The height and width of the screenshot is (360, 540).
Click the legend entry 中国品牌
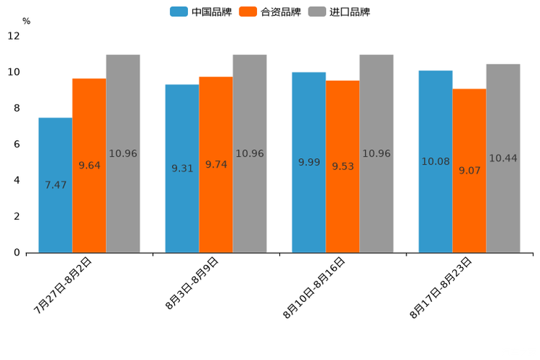[201, 12]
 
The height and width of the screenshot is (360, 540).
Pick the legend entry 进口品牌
[340, 12]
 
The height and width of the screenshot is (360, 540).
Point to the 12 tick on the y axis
[14, 36]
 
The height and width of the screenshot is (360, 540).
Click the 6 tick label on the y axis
[17, 144]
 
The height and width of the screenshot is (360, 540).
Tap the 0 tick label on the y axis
[17, 253]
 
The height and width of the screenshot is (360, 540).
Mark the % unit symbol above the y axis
[26, 21]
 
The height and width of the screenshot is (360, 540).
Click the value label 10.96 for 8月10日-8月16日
[376, 154]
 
